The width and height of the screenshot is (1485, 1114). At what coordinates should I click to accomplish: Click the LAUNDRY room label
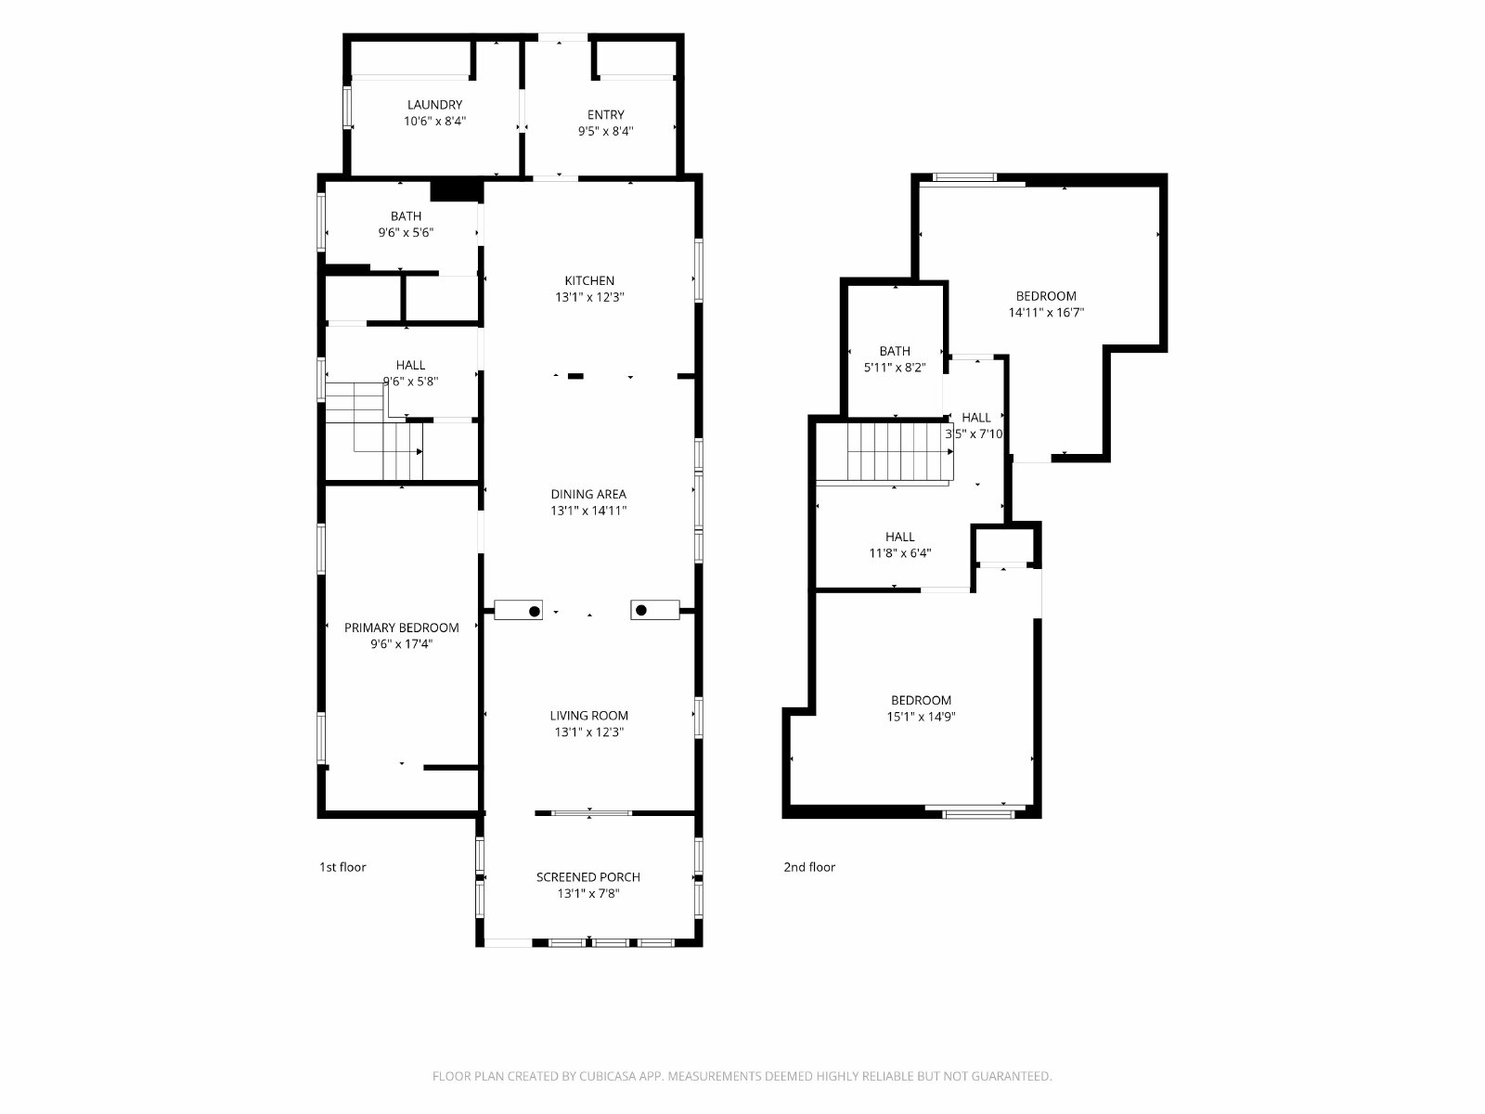click(434, 105)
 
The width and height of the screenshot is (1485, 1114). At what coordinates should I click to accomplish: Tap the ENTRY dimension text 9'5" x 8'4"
click(605, 131)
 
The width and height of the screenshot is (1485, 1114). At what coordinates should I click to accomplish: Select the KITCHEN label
click(589, 280)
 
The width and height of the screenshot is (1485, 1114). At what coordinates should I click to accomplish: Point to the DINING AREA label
click(588, 495)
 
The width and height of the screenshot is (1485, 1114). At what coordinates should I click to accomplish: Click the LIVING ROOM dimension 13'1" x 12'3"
click(589, 732)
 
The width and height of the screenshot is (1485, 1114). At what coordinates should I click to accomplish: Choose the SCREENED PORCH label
click(588, 877)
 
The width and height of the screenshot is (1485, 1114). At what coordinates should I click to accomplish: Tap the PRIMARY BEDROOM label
click(401, 628)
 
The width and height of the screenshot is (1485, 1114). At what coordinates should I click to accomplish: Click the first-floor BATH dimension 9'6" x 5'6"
click(406, 233)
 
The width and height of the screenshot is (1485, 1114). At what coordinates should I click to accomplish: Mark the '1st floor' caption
click(342, 867)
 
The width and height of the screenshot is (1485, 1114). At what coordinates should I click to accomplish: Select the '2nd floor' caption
click(809, 867)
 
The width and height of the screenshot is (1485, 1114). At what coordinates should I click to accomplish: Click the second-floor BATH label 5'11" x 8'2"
click(895, 368)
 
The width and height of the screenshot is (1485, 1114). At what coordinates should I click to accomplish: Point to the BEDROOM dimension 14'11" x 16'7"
click(1046, 313)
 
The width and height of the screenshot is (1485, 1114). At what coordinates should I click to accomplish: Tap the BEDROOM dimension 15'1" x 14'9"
click(921, 717)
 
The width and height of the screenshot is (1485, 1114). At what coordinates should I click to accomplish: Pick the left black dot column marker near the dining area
click(535, 612)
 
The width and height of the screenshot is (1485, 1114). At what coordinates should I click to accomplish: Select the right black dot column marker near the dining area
click(641, 610)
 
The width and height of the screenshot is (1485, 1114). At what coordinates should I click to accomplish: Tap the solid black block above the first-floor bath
click(457, 190)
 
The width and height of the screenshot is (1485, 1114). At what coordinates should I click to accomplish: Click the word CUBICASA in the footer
click(608, 1076)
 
